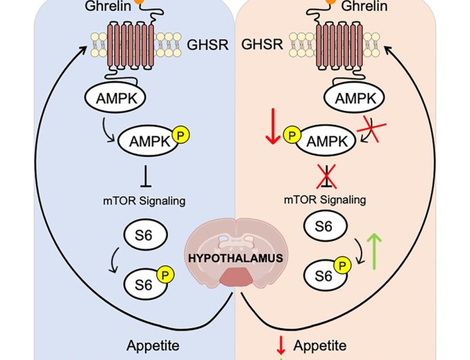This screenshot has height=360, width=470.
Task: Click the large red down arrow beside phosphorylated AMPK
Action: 272,129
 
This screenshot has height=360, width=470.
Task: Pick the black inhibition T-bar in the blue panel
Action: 145,177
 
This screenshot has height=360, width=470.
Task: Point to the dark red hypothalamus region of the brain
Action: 234,277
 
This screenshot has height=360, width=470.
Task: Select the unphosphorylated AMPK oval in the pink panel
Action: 350,99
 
